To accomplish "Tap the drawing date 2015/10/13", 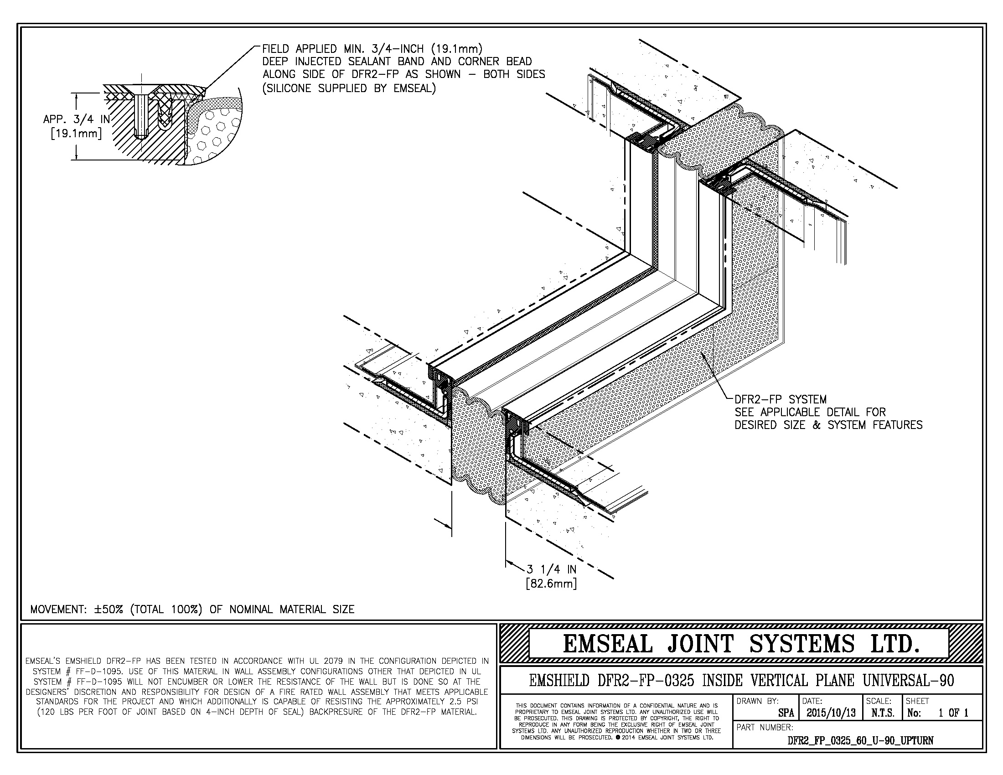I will pyautogui.click(x=830, y=713).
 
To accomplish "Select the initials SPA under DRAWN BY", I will pyautogui.click(x=786, y=713).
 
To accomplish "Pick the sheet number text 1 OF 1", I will pyautogui.click(x=953, y=713).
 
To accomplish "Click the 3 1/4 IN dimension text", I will pyautogui.click(x=551, y=569).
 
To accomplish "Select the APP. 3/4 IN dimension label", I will pyautogui.click(x=76, y=119).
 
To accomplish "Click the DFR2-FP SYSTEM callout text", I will pyautogui.click(x=780, y=399).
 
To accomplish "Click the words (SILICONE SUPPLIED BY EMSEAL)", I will pyautogui.click(x=349, y=88).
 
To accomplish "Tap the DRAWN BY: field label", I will pyautogui.click(x=757, y=701).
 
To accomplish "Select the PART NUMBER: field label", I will pyautogui.click(x=764, y=727).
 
